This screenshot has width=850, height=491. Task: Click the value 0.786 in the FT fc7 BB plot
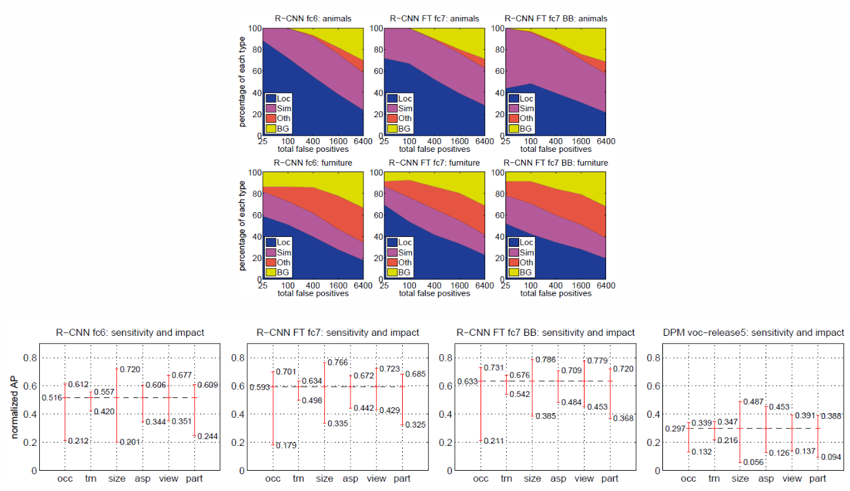(546, 359)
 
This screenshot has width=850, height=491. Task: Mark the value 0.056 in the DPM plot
(754, 462)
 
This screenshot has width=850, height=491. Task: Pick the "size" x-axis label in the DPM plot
(740, 479)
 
